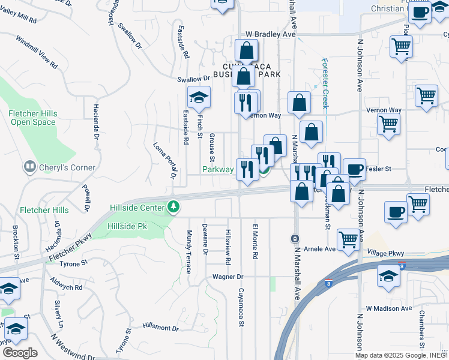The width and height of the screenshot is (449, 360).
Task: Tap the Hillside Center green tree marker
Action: click(x=173, y=207)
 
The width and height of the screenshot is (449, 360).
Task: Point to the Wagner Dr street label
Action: click(x=228, y=277)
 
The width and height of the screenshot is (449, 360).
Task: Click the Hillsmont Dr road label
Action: click(x=160, y=327)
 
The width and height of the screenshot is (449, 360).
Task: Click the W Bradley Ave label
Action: click(x=271, y=35)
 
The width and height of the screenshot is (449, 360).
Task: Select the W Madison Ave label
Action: click(x=388, y=308)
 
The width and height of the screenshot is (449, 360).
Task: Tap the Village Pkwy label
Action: click(x=386, y=253)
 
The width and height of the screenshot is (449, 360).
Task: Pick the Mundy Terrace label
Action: click(x=190, y=252)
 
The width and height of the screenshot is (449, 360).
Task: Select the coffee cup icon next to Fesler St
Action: click(x=354, y=169)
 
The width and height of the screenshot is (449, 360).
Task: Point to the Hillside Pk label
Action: click(x=127, y=226)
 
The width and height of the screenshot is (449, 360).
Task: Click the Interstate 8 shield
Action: click(x=402, y=265)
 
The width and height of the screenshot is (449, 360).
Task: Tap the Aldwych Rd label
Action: click(x=67, y=287)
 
